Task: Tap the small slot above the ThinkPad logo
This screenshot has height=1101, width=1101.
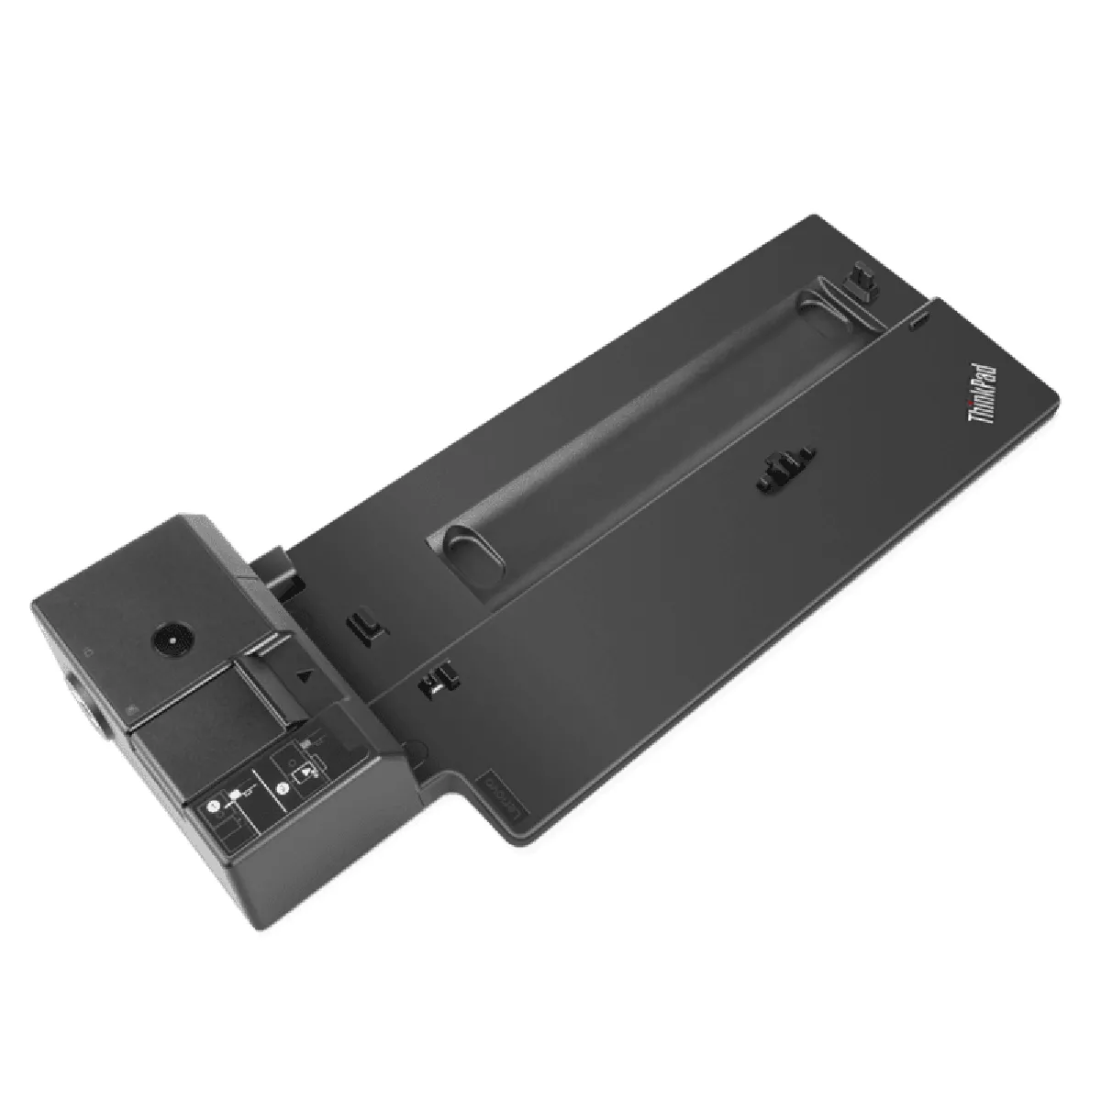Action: tap(920, 324)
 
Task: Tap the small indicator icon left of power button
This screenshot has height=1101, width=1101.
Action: tap(86, 653)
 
